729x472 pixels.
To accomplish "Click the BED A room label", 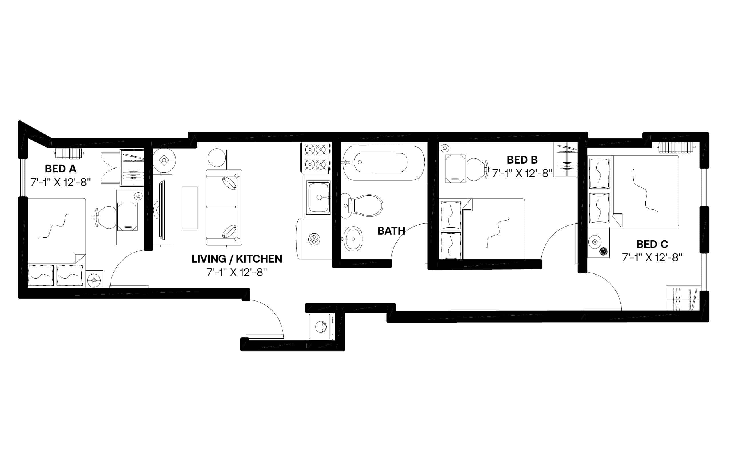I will pos(60,169).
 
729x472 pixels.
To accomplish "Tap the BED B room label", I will pos(522,160).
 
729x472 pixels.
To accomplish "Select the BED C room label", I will pos(652,244).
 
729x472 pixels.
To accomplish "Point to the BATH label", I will pos(391,231).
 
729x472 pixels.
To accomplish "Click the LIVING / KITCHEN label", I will pos(236,259).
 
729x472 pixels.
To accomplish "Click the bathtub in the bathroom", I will pos(383,162).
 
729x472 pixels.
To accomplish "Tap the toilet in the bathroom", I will pos(364,205).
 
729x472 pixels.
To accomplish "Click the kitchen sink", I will pos(318,197).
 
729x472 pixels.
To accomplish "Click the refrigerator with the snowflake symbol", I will pos(314,239).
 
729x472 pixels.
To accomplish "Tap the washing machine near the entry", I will pos(320,326).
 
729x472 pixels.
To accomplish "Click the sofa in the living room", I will pos(224,207).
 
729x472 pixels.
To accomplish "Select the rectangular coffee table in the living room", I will pos(189,207).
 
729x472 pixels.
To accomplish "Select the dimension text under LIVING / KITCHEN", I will pos(236,272).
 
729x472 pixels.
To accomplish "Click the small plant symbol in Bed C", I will pos(603,252).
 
